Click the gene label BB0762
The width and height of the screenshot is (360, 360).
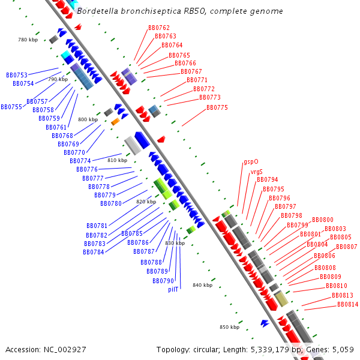point(159,28)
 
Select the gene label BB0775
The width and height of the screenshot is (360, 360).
point(217,107)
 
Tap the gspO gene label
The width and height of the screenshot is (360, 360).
point(251,161)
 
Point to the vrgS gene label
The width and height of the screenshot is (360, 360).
point(256,172)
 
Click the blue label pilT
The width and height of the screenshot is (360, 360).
point(173,289)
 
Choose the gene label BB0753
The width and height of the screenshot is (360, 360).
point(17,75)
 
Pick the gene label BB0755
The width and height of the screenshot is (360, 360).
point(11,107)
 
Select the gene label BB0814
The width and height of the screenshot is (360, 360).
point(348,305)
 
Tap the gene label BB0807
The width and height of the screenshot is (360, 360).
point(346,247)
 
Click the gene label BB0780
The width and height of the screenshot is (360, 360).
point(111,203)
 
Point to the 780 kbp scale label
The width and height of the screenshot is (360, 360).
point(28,40)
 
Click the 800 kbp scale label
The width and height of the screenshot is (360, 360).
point(88,119)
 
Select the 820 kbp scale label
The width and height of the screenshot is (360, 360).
point(146,202)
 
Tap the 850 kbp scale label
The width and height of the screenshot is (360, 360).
point(230,327)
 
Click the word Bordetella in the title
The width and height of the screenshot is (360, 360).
point(98,11)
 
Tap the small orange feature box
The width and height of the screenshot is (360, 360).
point(115,122)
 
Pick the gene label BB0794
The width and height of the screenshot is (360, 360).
point(268,179)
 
